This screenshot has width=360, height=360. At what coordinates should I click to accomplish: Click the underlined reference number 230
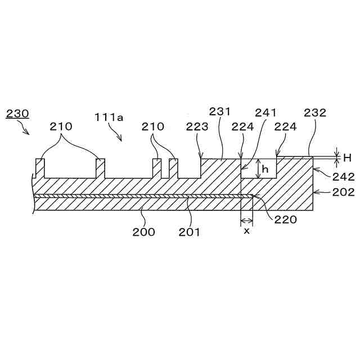(17, 114)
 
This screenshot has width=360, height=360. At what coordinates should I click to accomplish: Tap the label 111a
(109, 117)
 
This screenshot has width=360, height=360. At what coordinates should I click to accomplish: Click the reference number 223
(196, 127)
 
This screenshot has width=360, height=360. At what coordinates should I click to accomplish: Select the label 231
(220, 111)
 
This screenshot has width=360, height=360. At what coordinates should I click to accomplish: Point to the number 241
(265, 112)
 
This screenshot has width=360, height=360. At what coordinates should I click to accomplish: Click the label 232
(315, 112)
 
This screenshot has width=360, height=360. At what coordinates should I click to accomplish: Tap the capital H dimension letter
(347, 157)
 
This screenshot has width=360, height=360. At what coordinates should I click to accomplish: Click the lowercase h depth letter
(265, 169)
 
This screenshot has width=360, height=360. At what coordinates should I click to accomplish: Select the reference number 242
(343, 176)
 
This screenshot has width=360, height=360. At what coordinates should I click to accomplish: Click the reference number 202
(343, 192)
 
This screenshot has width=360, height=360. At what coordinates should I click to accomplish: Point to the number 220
(286, 220)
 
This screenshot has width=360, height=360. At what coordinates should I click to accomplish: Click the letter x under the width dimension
(246, 231)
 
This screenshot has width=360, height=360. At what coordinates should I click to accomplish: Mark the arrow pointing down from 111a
(117, 134)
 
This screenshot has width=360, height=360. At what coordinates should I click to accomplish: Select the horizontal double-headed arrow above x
(246, 220)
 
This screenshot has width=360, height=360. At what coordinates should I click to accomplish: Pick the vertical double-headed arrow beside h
(258, 169)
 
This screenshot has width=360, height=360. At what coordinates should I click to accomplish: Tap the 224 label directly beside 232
(285, 127)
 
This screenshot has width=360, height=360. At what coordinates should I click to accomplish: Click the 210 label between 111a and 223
(153, 127)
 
